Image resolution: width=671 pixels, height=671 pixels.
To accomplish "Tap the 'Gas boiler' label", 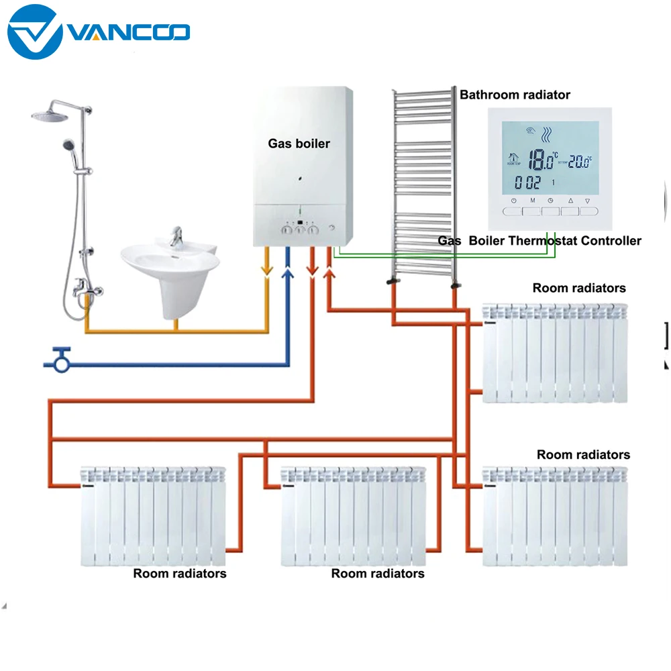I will point(299,143).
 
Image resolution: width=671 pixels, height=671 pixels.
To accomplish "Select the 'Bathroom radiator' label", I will point(515,95).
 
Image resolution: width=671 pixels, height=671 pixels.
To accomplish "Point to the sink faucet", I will point(176,237).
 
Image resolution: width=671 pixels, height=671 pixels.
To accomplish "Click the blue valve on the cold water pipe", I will point(62,360).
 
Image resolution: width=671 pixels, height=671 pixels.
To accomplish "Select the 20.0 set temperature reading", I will point(579,161).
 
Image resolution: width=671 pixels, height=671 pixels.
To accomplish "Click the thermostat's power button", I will point(513,210).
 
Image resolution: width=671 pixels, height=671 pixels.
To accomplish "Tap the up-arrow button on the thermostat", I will point(570,210).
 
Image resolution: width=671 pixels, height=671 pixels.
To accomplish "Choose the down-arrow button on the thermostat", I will point(588,210).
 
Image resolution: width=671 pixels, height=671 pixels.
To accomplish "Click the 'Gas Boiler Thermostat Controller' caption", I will point(539,240).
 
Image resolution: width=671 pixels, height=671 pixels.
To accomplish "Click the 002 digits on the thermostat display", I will point(527,183).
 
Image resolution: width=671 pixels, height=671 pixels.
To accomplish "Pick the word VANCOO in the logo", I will point(127,32).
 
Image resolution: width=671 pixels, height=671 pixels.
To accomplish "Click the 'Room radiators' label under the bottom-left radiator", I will point(179,573).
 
